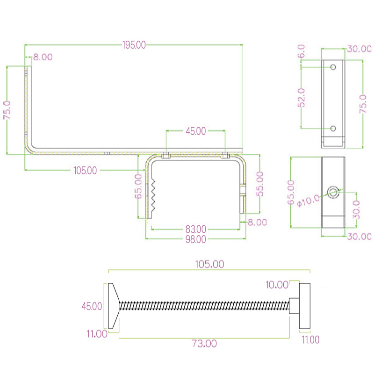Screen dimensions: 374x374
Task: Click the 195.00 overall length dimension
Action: pos(134,45)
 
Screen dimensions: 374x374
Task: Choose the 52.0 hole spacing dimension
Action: pos(302,98)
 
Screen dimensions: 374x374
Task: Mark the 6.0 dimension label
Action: pos(302,50)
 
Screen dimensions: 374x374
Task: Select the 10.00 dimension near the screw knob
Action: pos(277,284)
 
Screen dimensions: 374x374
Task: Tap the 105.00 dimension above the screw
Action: pos(209,264)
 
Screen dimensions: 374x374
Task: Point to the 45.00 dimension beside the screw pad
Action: pos(92,306)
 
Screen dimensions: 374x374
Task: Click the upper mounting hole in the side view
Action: pos(333,67)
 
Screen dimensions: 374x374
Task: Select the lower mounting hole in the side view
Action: pos(333,128)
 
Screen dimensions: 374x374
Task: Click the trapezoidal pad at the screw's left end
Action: pos(113,306)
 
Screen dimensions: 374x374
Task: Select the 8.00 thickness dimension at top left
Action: pos(43,57)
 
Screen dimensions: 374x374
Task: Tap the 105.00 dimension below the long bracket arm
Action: pos(85,171)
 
